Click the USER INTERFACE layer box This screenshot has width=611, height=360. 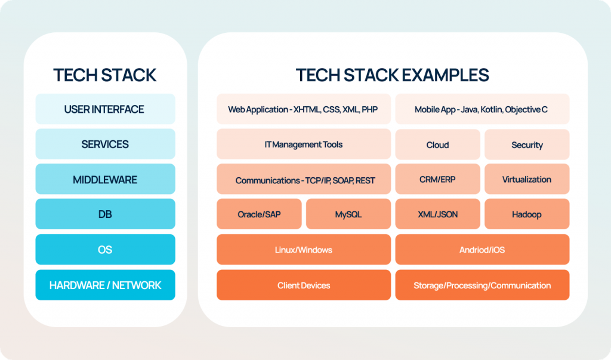105,109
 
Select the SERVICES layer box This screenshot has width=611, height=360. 105,144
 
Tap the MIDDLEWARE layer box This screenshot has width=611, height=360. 105,180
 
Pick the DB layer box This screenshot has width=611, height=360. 105,214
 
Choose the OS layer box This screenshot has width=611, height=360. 105,250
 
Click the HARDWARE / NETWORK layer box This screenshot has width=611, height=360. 105,285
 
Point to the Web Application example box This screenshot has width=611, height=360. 303,110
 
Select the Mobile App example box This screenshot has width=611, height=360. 482,110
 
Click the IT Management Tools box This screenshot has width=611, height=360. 303,144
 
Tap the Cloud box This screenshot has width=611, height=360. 437,145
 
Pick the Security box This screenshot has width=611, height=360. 527,145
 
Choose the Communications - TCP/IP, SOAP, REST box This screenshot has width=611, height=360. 303,180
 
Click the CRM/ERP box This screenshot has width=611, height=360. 437,180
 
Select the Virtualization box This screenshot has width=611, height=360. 527,180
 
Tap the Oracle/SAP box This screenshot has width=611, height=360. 259,214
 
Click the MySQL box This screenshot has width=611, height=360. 348,214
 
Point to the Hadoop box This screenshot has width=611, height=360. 527,214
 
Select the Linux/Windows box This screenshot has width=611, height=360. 303,250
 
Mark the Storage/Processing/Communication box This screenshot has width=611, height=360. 482,285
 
